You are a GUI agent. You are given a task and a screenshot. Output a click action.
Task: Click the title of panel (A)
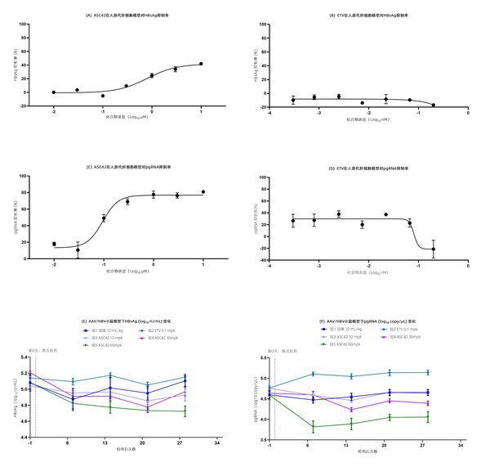click(x=127, y=15)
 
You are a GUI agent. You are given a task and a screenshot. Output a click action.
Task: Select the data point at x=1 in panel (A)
click(x=201, y=64)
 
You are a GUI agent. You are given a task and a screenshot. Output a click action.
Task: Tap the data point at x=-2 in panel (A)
click(x=54, y=92)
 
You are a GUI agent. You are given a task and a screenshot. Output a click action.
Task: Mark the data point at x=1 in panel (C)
click(x=201, y=192)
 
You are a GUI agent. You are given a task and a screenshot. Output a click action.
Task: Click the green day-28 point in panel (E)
click(x=185, y=411)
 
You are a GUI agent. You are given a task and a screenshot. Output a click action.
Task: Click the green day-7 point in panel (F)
click(x=313, y=426)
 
